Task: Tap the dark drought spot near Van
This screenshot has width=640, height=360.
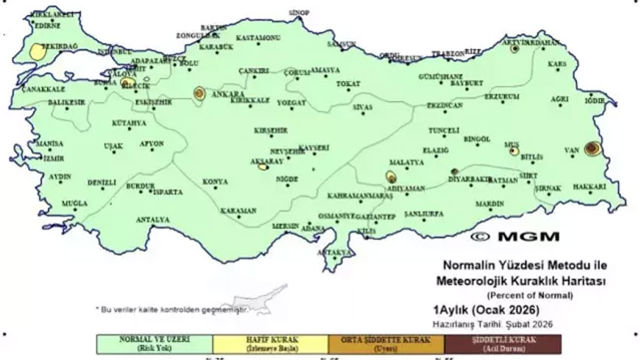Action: pyautogui.click(x=592, y=148)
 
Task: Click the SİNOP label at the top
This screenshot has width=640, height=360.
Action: pyautogui.click(x=299, y=13)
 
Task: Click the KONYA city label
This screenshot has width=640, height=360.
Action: pyautogui.click(x=215, y=182)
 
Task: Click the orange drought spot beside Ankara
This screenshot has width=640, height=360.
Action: pyautogui.click(x=200, y=93)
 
